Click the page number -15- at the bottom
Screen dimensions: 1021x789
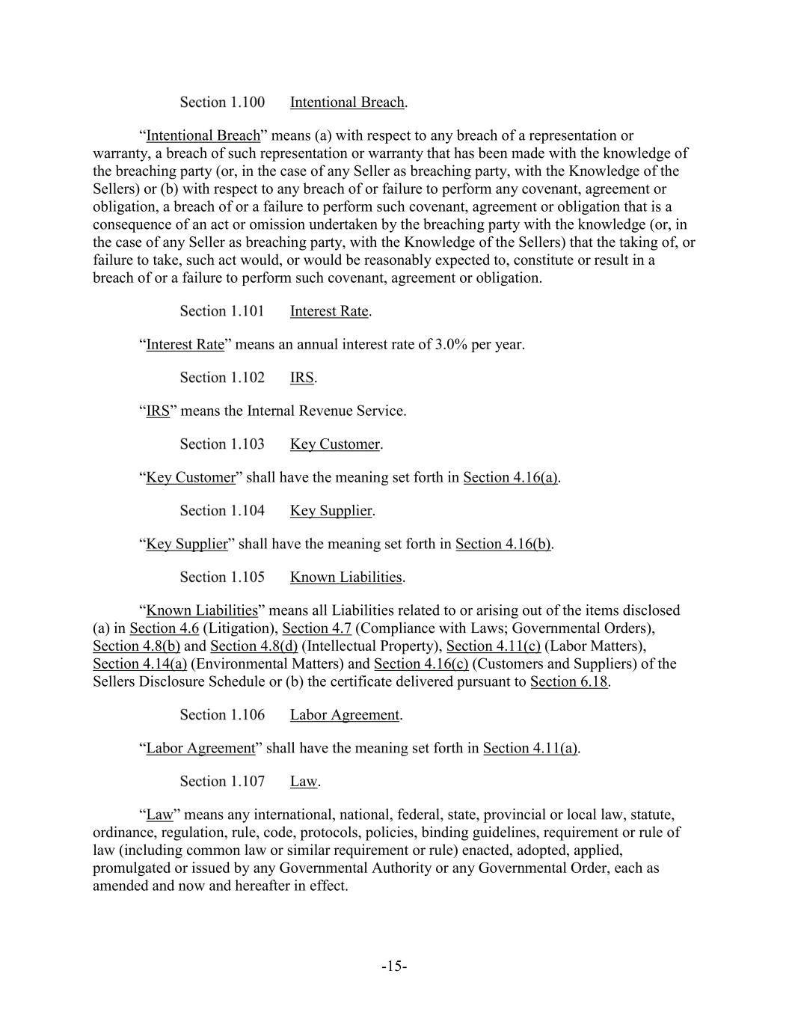(394, 967)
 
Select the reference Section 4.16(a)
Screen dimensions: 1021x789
(510, 478)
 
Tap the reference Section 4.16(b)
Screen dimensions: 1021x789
(503, 545)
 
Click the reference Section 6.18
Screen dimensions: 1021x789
(568, 682)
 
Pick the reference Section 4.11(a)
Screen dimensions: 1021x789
(530, 749)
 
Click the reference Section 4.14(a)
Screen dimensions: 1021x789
(140, 664)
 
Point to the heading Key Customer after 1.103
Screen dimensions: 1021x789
(335, 444)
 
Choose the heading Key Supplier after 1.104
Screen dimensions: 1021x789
(331, 511)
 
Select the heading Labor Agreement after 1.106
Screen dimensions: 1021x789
(345, 715)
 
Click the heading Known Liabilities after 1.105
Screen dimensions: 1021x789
(346, 577)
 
